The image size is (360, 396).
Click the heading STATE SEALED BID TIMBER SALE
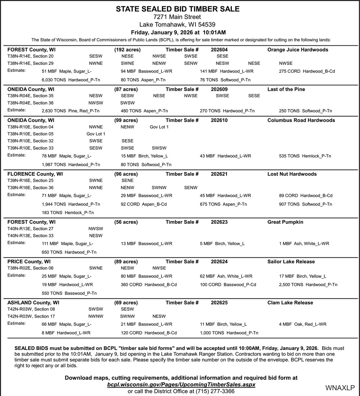pos(177,9)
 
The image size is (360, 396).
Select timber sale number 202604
pos(219,50)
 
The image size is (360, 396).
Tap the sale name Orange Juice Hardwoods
pos(298,50)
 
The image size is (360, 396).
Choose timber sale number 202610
pos(219,120)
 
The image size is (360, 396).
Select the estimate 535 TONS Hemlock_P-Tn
pos(305,156)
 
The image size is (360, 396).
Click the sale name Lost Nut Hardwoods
pos(292,174)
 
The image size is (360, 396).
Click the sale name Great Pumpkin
pos(285,222)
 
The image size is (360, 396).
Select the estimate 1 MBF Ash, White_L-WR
pos(304,244)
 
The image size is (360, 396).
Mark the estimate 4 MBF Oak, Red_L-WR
pos(302,324)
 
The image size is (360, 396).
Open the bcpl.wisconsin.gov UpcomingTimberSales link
pos(181,384)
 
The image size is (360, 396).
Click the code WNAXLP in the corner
pos(340,388)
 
